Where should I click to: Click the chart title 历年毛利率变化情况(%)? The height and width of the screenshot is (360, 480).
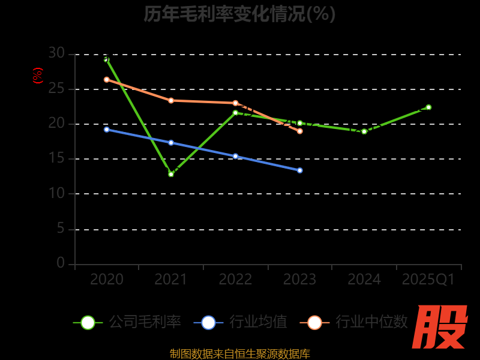pos(239,13)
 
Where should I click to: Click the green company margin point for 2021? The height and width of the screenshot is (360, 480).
pos(171,174)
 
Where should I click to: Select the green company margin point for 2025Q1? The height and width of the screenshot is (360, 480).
pos(428,107)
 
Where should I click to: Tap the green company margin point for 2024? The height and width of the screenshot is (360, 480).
pos(364,131)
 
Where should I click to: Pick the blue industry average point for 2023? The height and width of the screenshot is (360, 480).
pos(300,170)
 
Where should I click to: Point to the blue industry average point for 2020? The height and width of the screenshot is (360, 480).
pos(107,129)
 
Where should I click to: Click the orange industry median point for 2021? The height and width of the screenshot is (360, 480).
pos(171,100)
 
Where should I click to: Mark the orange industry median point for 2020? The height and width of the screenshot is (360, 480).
pos(107,79)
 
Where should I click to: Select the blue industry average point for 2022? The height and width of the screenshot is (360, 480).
pos(235,156)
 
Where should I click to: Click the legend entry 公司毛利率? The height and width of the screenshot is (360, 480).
pos(127,322)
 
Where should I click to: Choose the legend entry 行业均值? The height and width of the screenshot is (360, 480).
pos(241,322)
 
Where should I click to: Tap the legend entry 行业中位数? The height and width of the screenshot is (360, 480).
pos(358,322)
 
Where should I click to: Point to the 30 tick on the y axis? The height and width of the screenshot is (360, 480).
pos(56,53)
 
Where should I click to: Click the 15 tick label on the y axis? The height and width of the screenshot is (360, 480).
pos(56,158)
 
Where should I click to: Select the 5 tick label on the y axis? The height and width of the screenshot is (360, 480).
pos(60,229)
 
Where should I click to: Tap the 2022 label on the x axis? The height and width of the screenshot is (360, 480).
pos(235,280)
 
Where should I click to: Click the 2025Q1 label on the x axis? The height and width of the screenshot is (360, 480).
pos(428,280)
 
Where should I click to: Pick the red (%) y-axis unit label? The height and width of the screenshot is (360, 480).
pos(38,76)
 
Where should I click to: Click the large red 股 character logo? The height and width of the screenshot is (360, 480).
pos(440,327)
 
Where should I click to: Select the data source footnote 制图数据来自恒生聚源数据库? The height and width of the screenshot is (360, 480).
pos(239,353)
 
